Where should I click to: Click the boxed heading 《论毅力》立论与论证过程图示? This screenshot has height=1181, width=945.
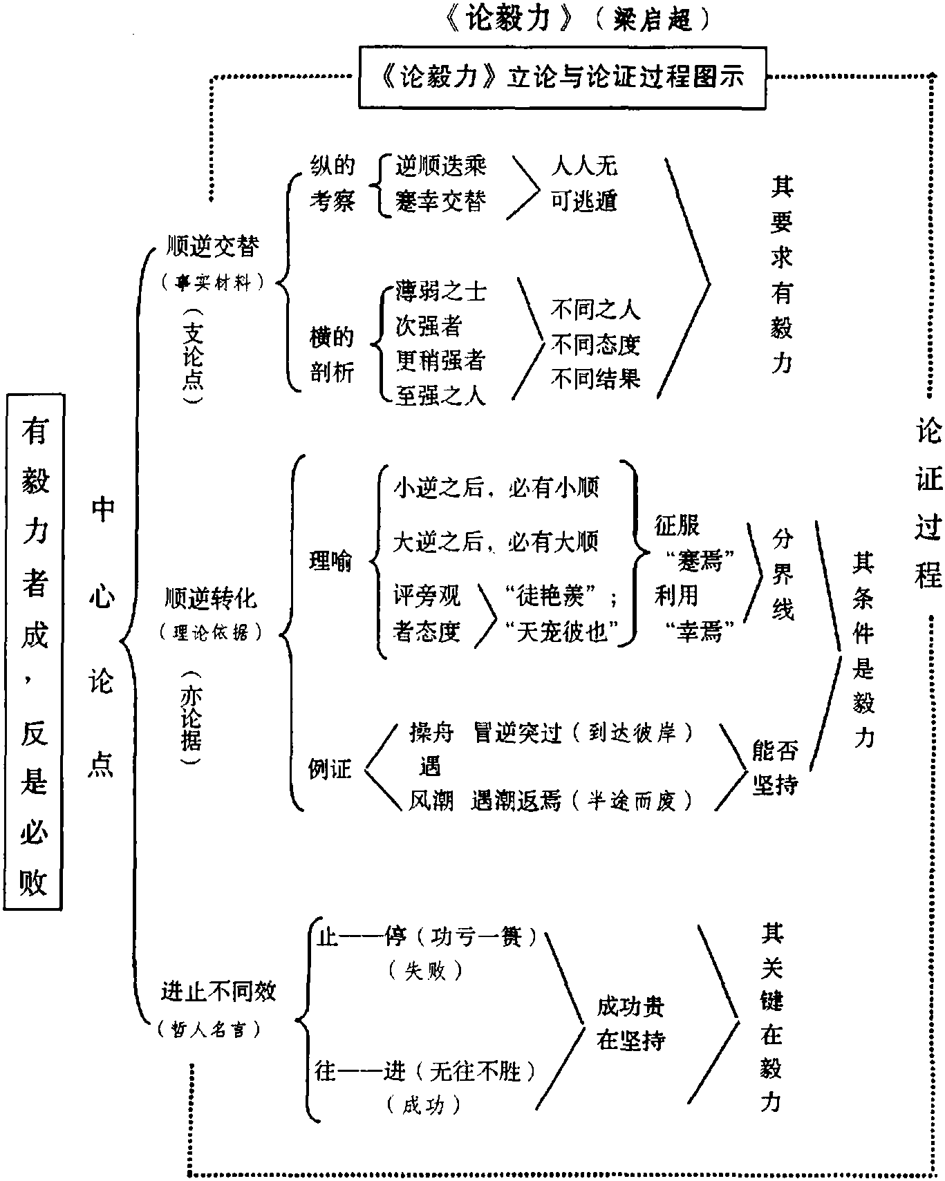pyautogui.click(x=561, y=77)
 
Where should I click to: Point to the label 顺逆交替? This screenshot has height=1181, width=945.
pyautogui.click(x=213, y=247)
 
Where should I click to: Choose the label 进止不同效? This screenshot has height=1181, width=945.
pyautogui.click(x=218, y=992)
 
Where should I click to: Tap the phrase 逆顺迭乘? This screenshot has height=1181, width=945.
pyautogui.click(x=440, y=166)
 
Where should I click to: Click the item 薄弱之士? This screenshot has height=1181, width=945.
pyautogui.click(x=440, y=291)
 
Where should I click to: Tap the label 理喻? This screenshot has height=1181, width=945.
pyautogui.click(x=330, y=561)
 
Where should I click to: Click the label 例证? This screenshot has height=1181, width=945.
pyautogui.click(x=330, y=768)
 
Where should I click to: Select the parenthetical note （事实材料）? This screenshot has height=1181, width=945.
pyautogui.click(x=212, y=282)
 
